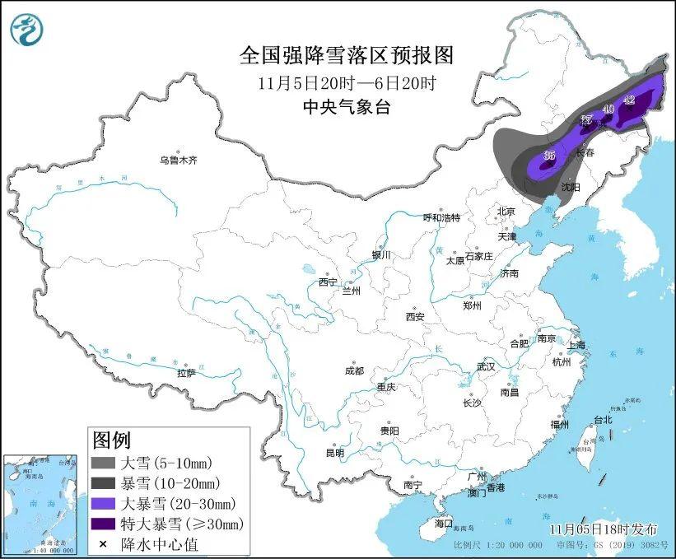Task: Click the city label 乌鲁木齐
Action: pyautogui.click(x=179, y=160)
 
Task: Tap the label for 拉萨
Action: pyautogui.click(x=186, y=373)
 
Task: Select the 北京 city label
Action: pyautogui.click(x=505, y=212)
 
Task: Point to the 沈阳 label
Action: pyautogui.click(x=571, y=187)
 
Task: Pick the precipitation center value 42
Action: pyautogui.click(x=630, y=100)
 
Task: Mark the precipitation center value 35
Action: pyautogui.click(x=549, y=156)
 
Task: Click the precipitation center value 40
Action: pyautogui.click(x=608, y=109)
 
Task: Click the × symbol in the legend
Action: pyautogui.click(x=103, y=543)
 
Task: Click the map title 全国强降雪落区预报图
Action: pyautogui.click(x=346, y=55)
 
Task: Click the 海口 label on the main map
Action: pyautogui.click(x=443, y=523)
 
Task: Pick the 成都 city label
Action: pyautogui.click(x=354, y=370)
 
